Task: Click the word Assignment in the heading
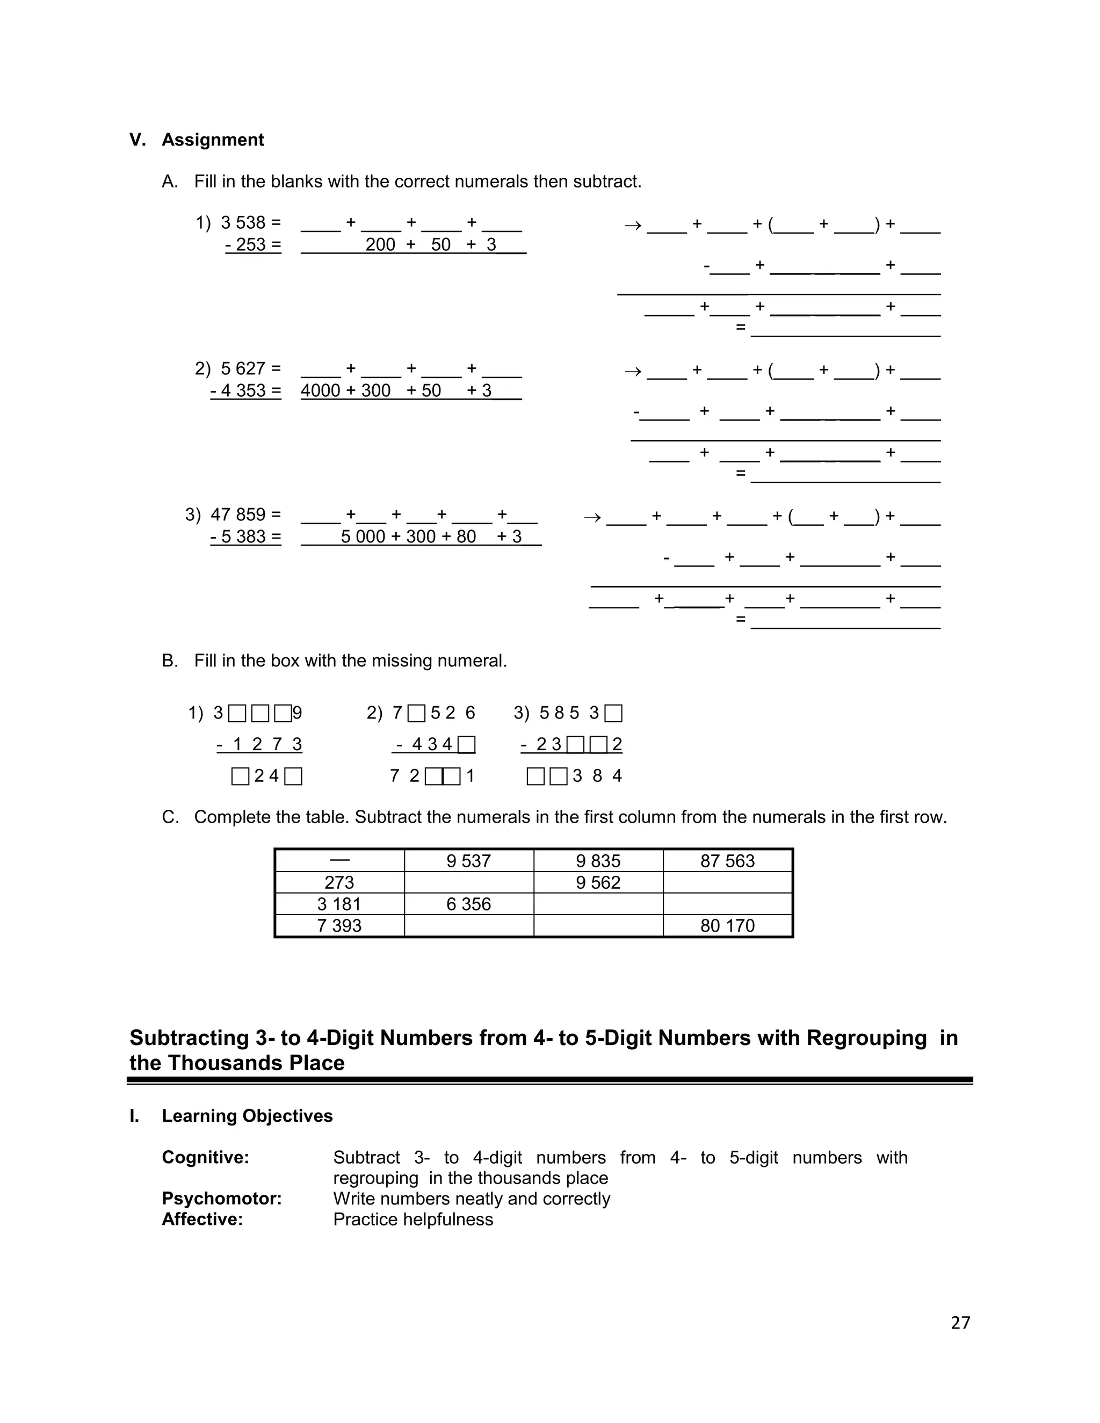coord(213,140)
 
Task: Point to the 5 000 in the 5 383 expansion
coord(363,537)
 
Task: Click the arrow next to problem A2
coord(632,372)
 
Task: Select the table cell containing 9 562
coord(598,883)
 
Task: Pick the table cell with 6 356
coord(468,904)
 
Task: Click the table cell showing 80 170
coord(727,926)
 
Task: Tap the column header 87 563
coord(727,861)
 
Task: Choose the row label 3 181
coord(339,904)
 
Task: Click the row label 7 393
coord(339,926)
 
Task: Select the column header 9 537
coord(468,861)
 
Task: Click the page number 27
coord(960,1323)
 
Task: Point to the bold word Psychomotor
coord(222,1199)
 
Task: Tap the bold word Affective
coord(202,1219)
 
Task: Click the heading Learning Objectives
coord(247,1116)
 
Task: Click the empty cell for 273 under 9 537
coord(468,883)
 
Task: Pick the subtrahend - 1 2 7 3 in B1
coord(259,745)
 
